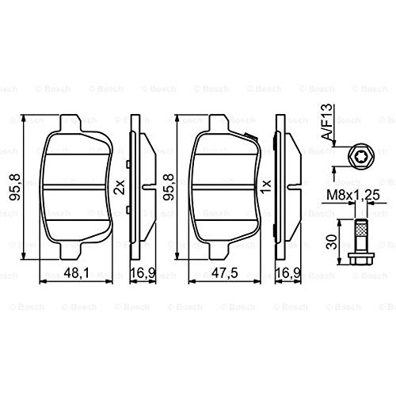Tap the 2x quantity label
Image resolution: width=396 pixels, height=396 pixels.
(120, 188)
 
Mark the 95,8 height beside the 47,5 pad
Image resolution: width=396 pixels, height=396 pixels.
(167, 188)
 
